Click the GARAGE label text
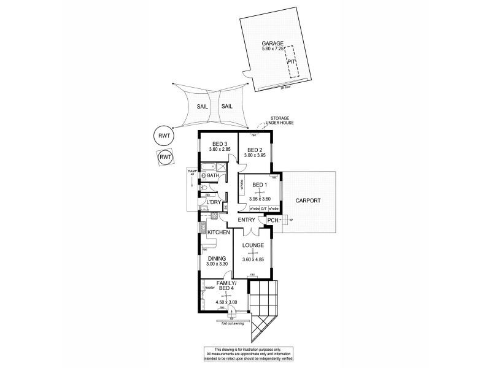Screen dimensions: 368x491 point(273,43)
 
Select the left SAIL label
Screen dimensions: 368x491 point(202,106)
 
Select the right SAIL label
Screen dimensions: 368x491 point(227,106)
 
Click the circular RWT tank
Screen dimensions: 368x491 point(163,136)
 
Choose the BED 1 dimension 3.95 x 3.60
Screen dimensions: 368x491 point(260,199)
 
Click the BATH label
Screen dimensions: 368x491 point(213,177)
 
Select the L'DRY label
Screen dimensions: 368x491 point(214,202)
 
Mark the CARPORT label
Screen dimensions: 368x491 point(308,201)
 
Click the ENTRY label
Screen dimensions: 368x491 point(246,220)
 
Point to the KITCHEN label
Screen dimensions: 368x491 point(218,232)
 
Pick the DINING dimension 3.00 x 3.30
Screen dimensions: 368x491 point(217,264)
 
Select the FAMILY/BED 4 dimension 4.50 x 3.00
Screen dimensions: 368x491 point(226,302)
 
